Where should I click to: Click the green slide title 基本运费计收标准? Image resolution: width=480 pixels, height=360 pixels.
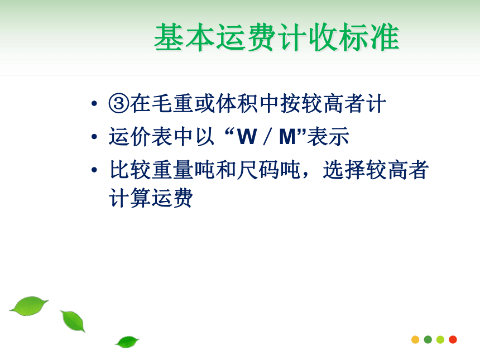point(277,37)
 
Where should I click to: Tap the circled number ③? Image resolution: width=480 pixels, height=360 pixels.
point(119,103)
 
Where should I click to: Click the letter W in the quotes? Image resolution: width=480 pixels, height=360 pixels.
point(247,137)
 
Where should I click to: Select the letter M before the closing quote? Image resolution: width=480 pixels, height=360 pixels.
point(287,137)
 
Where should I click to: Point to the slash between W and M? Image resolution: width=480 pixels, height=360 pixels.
point(267,137)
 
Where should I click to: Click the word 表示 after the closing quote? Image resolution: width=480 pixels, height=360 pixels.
point(328,137)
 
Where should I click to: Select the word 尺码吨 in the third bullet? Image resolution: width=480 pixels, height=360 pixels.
point(268,170)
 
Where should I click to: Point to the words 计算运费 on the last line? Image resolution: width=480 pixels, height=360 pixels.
point(151,198)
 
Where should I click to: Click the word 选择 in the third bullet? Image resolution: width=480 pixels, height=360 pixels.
point(344,170)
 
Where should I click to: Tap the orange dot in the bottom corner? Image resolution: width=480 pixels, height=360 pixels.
point(415,339)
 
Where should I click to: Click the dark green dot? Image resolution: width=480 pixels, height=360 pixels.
point(428,339)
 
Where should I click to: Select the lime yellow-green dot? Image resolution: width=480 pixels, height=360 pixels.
point(440,339)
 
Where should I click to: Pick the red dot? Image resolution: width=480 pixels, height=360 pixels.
point(453,339)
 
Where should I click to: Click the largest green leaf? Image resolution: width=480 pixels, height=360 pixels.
point(29,306)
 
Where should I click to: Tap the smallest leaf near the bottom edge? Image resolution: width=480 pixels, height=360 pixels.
point(127,342)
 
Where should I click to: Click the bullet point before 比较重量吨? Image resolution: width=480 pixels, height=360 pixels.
point(94,170)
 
